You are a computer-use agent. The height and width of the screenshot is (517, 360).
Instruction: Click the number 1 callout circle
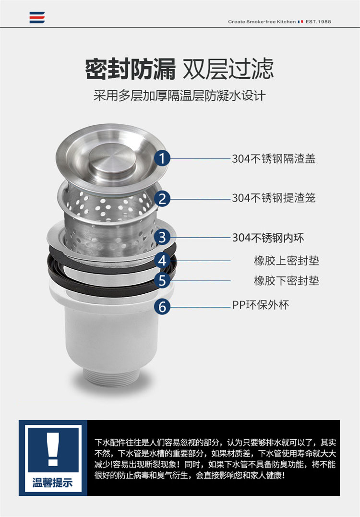(x=162, y=158)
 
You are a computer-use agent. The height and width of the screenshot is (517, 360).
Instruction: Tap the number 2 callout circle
(x=162, y=198)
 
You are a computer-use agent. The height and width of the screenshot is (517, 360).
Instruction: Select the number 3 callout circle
(x=162, y=237)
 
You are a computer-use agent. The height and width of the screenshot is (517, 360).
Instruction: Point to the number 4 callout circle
(x=162, y=261)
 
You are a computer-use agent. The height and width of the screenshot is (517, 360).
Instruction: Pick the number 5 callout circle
(x=162, y=280)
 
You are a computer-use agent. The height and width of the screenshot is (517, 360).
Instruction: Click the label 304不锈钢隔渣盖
(x=274, y=158)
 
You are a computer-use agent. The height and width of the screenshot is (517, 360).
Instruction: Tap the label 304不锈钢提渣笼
(x=274, y=198)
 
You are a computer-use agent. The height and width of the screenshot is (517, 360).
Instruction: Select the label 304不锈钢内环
(x=268, y=238)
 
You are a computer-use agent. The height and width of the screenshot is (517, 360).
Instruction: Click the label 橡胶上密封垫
(x=286, y=261)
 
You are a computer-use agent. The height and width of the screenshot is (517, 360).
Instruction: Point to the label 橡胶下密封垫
(x=286, y=280)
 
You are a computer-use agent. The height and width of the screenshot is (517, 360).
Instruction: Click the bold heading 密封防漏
(x=131, y=69)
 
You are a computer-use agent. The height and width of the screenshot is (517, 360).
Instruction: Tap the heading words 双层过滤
(x=228, y=69)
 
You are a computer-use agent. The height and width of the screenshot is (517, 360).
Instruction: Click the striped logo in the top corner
(x=37, y=18)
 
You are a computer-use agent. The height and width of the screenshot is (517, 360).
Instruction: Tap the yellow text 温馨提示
(x=52, y=483)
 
